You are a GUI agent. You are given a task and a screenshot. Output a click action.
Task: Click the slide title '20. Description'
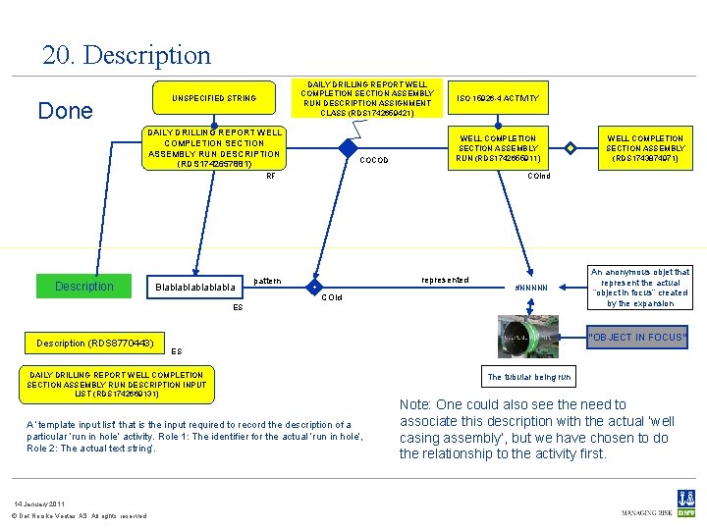(x=126, y=55)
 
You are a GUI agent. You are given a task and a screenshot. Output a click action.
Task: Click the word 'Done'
(x=65, y=111)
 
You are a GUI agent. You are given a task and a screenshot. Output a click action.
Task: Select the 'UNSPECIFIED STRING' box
(x=213, y=98)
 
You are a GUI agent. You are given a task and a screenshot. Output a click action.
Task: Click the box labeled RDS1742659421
(x=367, y=98)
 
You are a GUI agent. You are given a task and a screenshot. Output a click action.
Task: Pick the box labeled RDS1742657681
(x=213, y=148)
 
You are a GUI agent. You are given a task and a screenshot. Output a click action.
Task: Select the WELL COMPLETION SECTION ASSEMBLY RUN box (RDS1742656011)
(x=498, y=148)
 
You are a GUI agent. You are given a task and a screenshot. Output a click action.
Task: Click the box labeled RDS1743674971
(x=645, y=148)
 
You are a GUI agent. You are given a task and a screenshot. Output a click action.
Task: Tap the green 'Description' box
(x=84, y=287)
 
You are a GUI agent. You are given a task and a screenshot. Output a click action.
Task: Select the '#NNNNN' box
(x=538, y=288)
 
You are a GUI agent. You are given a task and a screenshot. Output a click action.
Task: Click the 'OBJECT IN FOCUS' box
(x=637, y=338)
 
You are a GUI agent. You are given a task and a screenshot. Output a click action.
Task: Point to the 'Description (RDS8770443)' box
(x=94, y=344)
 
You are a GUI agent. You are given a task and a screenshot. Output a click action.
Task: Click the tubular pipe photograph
(x=529, y=337)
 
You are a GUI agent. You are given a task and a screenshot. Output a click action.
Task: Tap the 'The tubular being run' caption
(x=529, y=377)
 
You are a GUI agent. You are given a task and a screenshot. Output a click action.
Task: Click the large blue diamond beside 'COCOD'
(x=348, y=148)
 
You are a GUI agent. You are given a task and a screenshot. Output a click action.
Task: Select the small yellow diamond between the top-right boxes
(x=571, y=148)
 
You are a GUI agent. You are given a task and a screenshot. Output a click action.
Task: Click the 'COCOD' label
(x=374, y=161)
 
